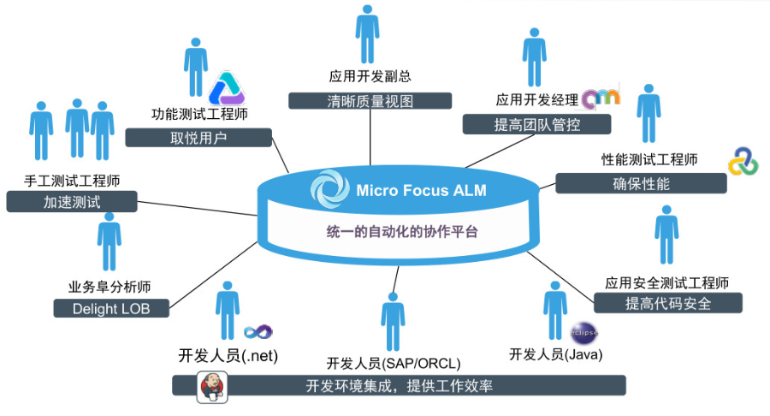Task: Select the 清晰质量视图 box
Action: pos(370,100)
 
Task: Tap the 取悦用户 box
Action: pos(199,138)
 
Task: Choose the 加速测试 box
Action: pos(72,202)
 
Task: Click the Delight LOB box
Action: pos(112,308)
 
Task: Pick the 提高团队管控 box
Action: pos(537,125)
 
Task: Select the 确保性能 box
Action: pos(641,183)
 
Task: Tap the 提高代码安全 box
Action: pos(667,303)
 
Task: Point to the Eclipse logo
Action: pos(581,331)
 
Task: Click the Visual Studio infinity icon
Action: pos(258,331)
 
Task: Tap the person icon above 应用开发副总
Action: pos(368,33)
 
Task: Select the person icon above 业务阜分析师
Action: pos(109,242)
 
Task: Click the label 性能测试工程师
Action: pos(649,160)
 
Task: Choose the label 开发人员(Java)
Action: pos(556,354)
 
